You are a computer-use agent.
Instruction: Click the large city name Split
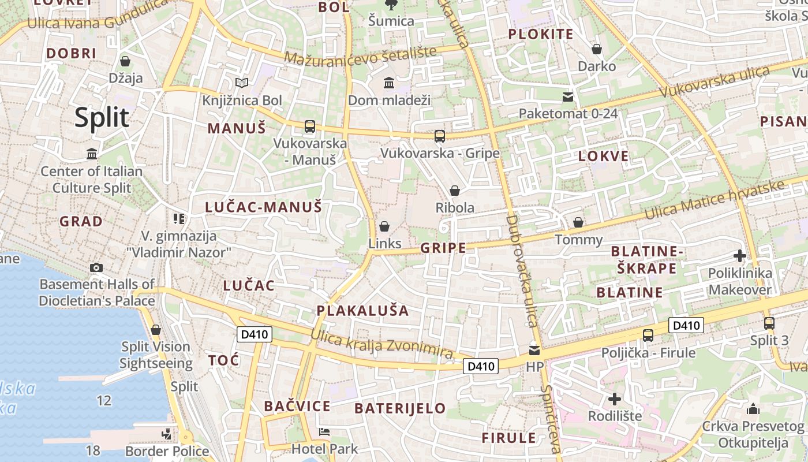tap(102, 117)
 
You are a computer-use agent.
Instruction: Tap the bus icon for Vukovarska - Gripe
tap(440, 136)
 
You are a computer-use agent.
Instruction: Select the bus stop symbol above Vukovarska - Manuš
tap(310, 126)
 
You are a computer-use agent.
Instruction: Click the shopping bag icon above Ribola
tap(455, 191)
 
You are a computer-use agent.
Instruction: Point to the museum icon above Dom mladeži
tap(389, 83)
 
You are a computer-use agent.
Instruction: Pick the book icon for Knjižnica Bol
tap(242, 83)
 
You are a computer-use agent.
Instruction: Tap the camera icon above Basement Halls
tap(96, 267)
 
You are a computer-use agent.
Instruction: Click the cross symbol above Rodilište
tap(615, 398)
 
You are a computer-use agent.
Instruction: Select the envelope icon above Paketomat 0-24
tap(568, 96)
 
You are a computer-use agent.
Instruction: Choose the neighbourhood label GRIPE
tap(443, 248)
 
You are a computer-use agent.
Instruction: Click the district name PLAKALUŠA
tap(362, 311)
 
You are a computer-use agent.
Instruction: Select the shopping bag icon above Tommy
tap(578, 222)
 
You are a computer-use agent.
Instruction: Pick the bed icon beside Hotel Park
tap(324, 432)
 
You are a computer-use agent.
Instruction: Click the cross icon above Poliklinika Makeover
tap(740, 256)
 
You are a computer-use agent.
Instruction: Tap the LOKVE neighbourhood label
tap(603, 156)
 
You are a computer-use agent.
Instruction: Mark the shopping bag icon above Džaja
tap(125, 61)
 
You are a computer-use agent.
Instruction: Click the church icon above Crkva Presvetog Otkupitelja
tap(753, 409)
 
